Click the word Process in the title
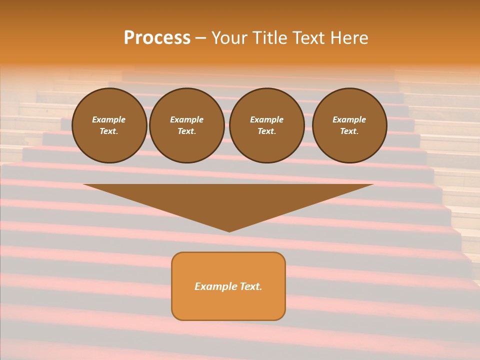tap(157, 38)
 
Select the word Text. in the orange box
tap(250, 286)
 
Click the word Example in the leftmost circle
tap(109, 119)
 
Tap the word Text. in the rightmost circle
tap(349, 131)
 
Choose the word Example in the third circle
tap(266, 119)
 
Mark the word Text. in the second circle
tap(187, 131)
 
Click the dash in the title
tap(201, 38)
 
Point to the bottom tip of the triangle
tap(229, 230)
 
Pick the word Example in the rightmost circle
tap(349, 119)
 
